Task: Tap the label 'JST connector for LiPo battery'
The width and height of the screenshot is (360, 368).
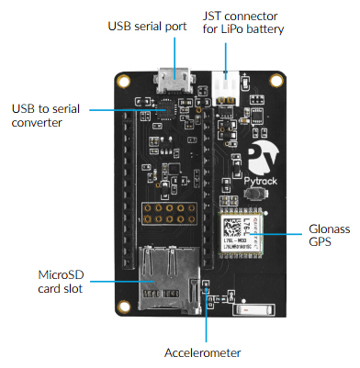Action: pos(243,22)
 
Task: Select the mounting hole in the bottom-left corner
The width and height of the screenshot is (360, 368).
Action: pos(121,304)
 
